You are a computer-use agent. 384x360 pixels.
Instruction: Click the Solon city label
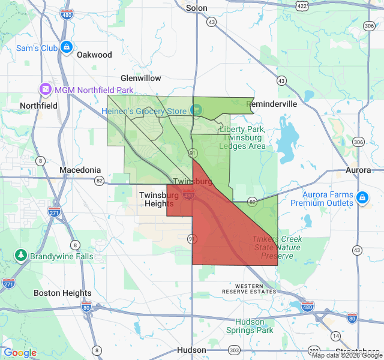point(196,8)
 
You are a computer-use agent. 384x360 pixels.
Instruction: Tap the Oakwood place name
point(94,55)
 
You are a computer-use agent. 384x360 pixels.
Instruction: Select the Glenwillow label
point(141,78)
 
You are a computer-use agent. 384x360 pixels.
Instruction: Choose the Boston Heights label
point(62,293)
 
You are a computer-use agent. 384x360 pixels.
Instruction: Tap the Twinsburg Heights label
point(158,199)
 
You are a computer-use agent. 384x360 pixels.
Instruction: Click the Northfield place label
point(38,105)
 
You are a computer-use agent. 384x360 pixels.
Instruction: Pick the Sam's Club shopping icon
point(66,46)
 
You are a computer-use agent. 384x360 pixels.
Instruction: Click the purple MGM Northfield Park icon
point(45,89)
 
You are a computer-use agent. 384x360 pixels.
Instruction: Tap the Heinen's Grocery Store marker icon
point(196,110)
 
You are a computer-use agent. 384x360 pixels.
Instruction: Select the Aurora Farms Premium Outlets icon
point(362,197)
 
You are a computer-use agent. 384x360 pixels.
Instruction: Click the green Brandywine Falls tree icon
point(22,256)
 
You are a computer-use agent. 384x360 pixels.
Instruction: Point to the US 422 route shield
point(302,6)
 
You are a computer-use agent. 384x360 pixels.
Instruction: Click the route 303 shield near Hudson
point(234,350)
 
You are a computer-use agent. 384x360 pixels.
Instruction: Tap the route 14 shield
point(335,336)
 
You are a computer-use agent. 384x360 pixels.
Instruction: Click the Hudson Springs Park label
point(250,326)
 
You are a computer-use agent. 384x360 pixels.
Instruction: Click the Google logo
point(20,353)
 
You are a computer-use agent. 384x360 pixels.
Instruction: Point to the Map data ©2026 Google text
point(346,355)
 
